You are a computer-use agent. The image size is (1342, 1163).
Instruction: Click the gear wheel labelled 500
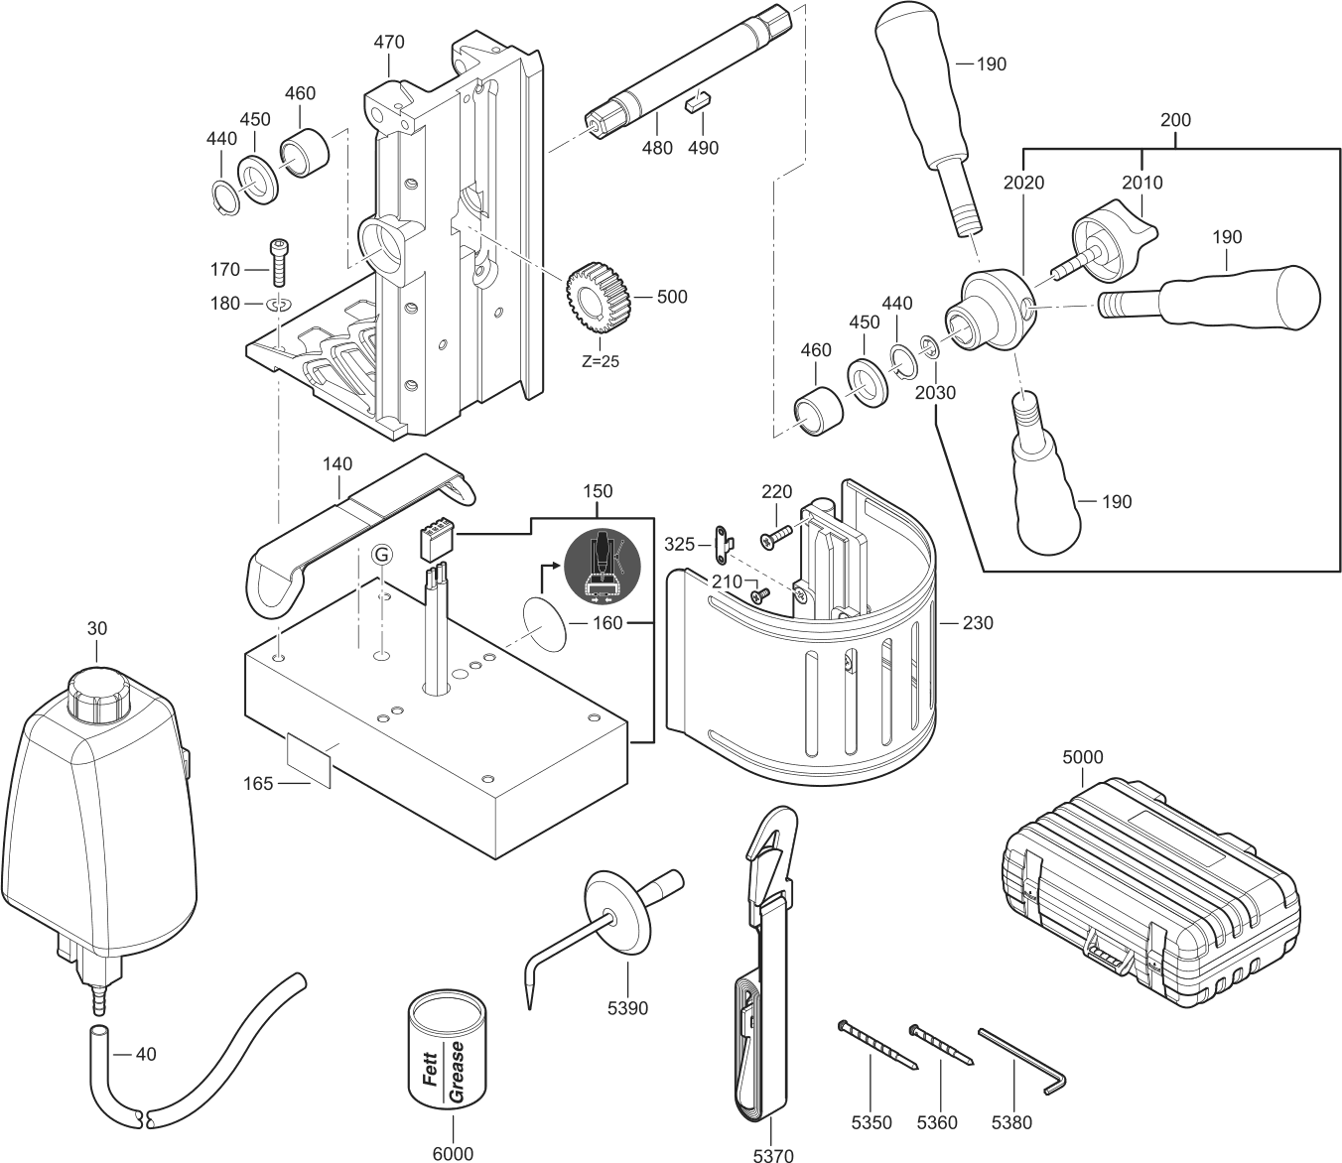pyautogui.click(x=598, y=295)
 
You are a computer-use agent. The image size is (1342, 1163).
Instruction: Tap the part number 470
pyautogui.click(x=389, y=43)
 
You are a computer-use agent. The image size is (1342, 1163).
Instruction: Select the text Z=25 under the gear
pyautogui.click(x=600, y=361)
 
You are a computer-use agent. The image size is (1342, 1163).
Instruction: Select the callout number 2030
pyautogui.click(x=935, y=392)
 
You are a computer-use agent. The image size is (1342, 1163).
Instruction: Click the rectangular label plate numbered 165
pyautogui.click(x=309, y=759)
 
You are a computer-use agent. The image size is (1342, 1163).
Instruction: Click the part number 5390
pyautogui.click(x=627, y=1008)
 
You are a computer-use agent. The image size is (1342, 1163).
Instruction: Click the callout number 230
pyautogui.click(x=977, y=623)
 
